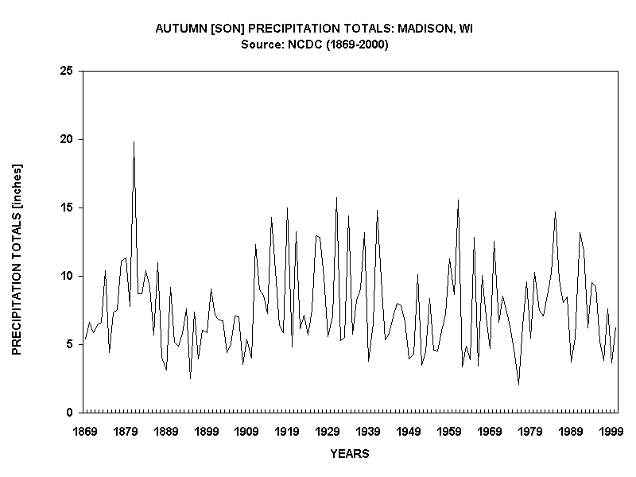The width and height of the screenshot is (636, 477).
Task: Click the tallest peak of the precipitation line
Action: (134, 142)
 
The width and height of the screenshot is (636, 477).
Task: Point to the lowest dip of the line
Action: (518, 384)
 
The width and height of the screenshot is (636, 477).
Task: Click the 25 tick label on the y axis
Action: (66, 71)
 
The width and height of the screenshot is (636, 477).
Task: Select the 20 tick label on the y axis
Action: (66, 139)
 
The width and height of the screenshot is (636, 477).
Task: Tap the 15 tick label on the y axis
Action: (66, 207)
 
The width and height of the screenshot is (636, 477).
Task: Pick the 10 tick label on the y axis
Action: (66, 276)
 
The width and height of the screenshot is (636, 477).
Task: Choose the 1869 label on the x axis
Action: (85, 432)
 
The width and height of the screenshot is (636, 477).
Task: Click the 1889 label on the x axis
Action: (166, 432)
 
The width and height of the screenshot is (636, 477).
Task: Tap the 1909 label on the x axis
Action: (247, 432)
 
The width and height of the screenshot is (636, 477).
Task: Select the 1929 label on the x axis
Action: (328, 432)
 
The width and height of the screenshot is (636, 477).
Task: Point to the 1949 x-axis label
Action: (409, 432)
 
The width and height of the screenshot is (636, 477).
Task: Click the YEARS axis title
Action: (349, 454)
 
